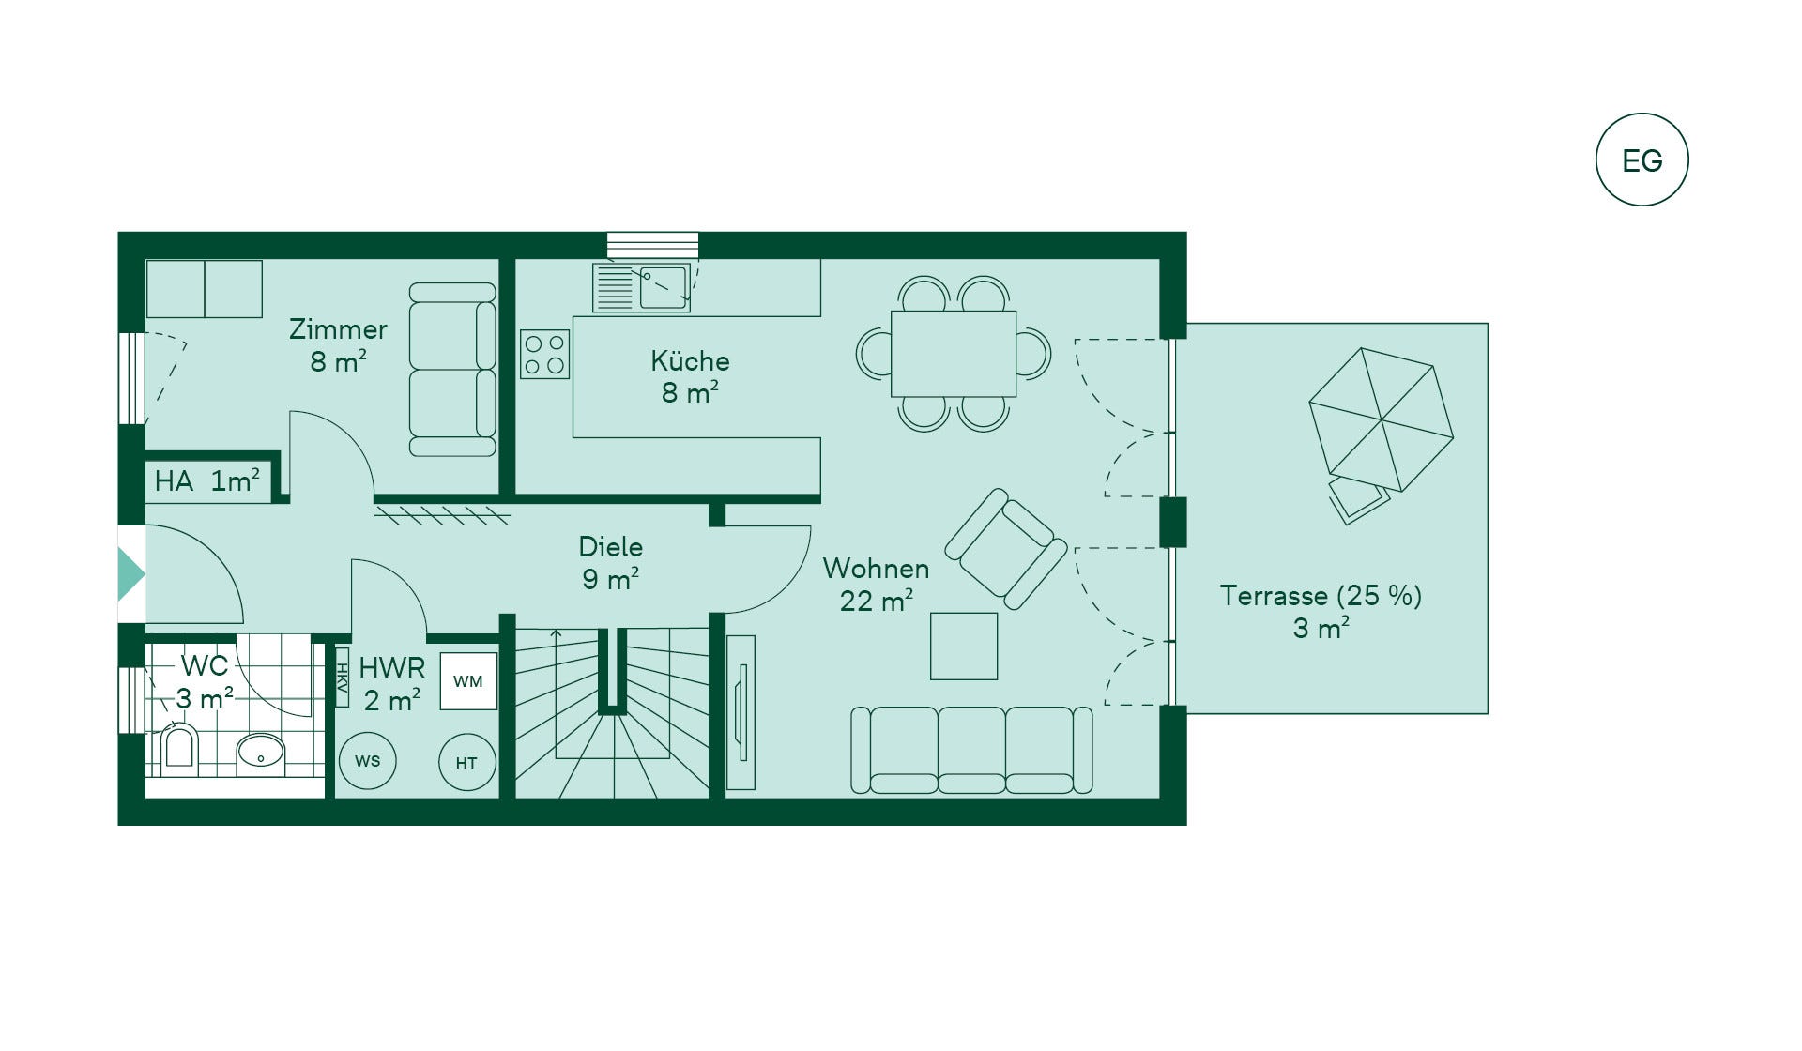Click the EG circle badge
click(x=1642, y=160)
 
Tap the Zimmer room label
click(x=338, y=329)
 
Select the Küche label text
click(x=690, y=361)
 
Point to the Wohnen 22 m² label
click(x=876, y=584)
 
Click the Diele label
click(x=611, y=547)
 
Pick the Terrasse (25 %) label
click(x=1321, y=596)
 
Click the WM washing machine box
click(x=468, y=681)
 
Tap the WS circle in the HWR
click(x=368, y=761)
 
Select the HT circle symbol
click(x=466, y=763)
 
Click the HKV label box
click(x=342, y=678)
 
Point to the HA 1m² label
click(x=206, y=481)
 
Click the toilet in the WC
click(x=179, y=749)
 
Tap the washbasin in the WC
click(x=260, y=752)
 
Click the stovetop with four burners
click(x=544, y=354)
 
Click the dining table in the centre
click(x=953, y=354)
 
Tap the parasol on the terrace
click(x=1381, y=419)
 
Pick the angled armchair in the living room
click(x=1006, y=548)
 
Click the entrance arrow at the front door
click(x=130, y=574)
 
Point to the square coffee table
click(x=964, y=646)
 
